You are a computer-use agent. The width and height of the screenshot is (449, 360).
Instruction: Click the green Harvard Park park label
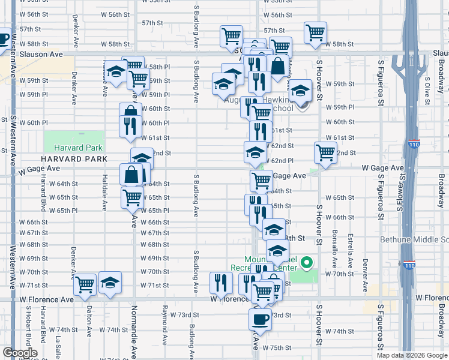tap(78, 148)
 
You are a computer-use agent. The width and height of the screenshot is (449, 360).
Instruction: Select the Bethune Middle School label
tap(414, 240)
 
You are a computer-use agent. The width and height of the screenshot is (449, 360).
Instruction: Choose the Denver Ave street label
tap(366, 275)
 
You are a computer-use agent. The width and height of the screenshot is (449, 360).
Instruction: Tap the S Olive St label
tap(426, 86)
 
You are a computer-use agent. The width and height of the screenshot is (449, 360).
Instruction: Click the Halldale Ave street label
tap(104, 195)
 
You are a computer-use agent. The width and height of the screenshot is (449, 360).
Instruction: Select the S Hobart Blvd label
tap(28, 327)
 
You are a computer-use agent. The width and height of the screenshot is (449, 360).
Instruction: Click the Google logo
tap(20, 353)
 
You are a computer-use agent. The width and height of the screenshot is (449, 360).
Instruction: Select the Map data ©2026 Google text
tap(412, 355)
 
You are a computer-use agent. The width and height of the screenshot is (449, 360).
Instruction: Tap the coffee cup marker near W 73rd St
tap(261, 319)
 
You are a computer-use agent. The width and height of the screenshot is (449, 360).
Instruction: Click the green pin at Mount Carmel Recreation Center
tap(307, 262)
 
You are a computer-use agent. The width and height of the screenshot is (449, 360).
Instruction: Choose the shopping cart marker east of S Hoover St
tap(325, 153)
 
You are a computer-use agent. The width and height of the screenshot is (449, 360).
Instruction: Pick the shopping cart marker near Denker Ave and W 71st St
tap(85, 284)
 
